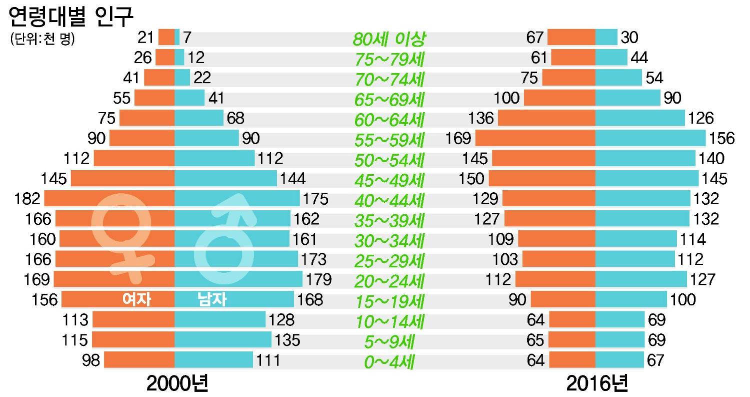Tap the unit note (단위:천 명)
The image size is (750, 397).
(42, 39)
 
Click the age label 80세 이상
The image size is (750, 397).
(388, 38)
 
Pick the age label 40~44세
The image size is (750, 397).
(388, 200)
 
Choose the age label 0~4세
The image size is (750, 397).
(388, 361)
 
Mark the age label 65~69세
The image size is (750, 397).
(388, 99)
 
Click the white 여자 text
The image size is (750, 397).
(136, 299)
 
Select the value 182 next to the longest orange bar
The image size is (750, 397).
(27, 199)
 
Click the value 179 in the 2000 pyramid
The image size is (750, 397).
(317, 279)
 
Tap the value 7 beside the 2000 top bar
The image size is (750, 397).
(187, 38)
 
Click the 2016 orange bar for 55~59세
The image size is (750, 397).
(535, 138)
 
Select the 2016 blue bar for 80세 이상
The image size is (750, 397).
(606, 38)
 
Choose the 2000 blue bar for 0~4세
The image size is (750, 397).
(213, 360)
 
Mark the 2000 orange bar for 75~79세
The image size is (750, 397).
(165, 58)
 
